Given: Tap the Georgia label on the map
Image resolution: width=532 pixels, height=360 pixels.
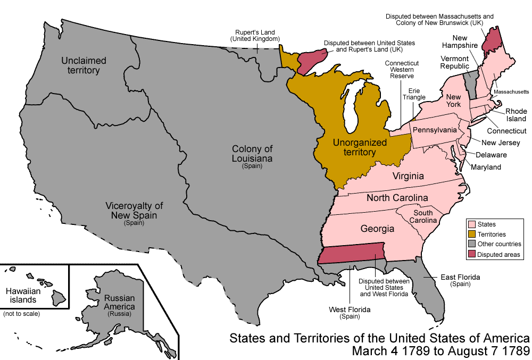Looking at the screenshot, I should [377, 229].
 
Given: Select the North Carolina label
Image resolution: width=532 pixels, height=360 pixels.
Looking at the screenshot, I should [397, 198].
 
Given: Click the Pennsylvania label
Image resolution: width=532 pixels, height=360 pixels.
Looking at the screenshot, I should [435, 130].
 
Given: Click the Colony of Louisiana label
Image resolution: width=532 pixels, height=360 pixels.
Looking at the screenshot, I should [252, 154].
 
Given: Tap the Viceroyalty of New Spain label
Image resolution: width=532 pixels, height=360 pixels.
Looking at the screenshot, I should [134, 210].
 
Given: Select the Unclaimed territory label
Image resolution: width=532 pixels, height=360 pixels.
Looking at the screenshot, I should [84, 65].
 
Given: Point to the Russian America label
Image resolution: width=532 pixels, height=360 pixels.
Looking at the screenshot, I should [120, 303].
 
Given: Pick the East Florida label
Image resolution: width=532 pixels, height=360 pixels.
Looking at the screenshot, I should [460, 278].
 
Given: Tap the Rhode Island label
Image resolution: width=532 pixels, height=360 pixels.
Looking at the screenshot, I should [516, 115].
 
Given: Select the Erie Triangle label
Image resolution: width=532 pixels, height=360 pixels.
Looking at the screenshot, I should [414, 94].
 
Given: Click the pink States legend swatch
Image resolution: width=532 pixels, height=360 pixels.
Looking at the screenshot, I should [471, 224].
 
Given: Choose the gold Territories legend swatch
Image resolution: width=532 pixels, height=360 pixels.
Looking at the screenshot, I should [471, 234].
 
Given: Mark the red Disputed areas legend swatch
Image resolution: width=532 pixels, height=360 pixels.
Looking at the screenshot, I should [471, 255].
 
